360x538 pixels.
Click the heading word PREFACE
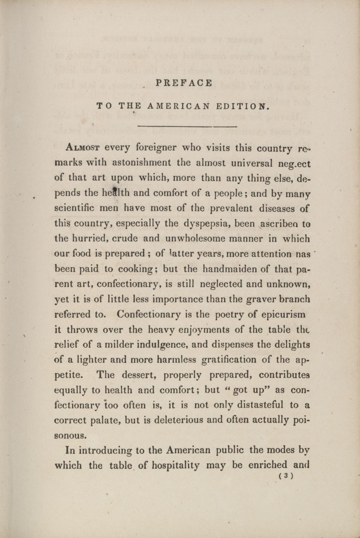pos(184,83)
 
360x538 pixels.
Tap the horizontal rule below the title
pos(187,126)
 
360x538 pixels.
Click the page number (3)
pos(285,476)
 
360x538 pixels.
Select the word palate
pos(101,420)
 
